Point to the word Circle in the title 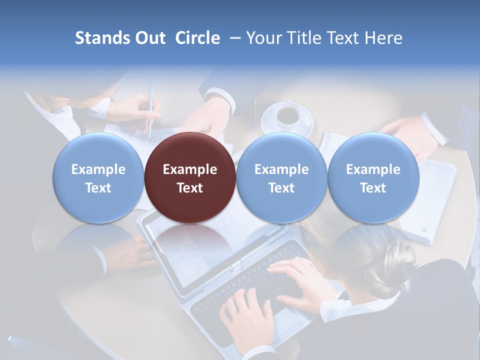click(197, 38)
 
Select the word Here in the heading click(383, 38)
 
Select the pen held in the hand click(150, 105)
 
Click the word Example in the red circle click(190, 169)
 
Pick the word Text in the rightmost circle click(373, 188)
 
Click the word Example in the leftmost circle click(98, 169)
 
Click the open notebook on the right click(435, 200)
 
